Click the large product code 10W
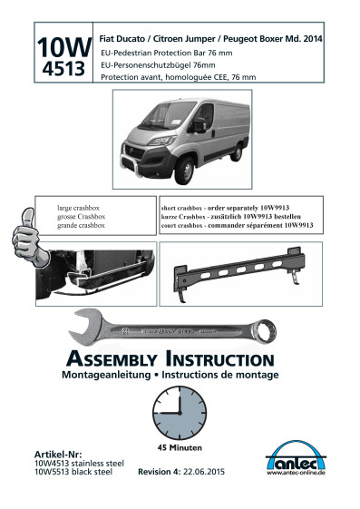click(64, 47)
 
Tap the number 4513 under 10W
click(63, 69)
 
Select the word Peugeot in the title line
click(239, 39)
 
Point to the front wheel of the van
click(185, 171)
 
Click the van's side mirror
click(199, 124)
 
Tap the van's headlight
click(162, 141)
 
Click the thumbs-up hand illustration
click(30, 238)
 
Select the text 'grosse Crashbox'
click(81, 217)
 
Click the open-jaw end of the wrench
click(85, 327)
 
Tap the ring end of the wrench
click(263, 331)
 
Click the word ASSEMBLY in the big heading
click(112, 359)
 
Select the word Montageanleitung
click(106, 375)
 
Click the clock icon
click(180, 413)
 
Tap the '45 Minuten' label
click(180, 447)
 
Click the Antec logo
click(297, 457)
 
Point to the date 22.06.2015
click(204, 472)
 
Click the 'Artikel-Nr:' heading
click(58, 455)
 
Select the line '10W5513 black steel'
click(73, 472)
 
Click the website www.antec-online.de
click(297, 473)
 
